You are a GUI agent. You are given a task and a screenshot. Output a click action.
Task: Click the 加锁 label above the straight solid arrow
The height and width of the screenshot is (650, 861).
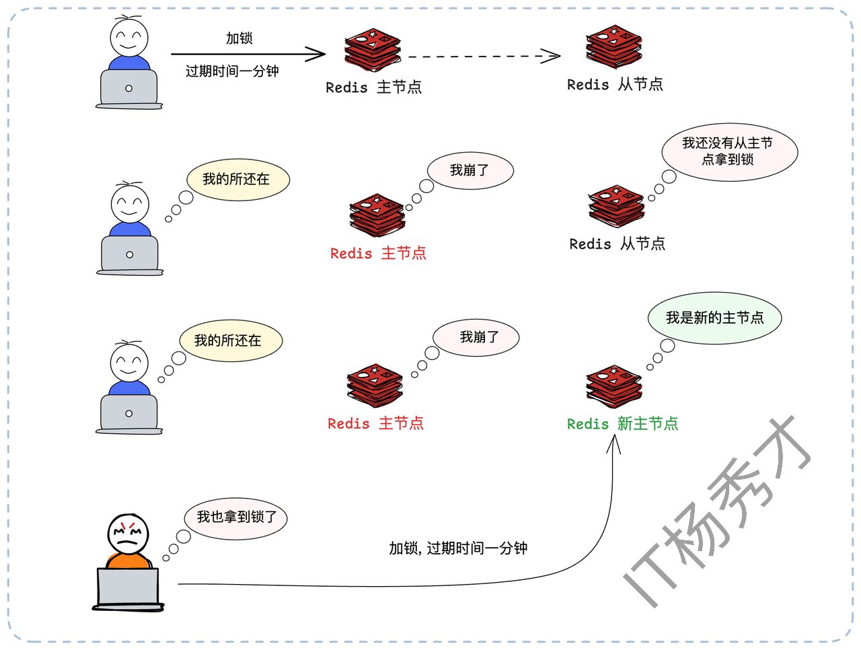pos(239,38)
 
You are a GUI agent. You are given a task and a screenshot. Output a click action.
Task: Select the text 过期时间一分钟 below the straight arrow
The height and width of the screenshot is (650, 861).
pos(232,71)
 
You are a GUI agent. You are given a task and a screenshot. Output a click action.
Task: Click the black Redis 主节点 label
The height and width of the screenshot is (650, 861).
pos(373,87)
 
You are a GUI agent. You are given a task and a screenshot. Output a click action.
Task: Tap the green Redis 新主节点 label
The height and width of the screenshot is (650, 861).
pos(622,424)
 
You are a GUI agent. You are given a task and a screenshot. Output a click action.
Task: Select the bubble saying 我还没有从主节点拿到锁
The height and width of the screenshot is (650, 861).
pos(729,152)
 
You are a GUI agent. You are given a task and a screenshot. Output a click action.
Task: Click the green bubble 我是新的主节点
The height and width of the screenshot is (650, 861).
pos(714,318)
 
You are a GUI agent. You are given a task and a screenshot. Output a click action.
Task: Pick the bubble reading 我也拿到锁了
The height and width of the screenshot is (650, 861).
pos(236,517)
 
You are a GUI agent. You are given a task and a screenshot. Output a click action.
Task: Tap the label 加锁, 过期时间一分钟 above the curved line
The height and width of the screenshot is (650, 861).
pos(457,548)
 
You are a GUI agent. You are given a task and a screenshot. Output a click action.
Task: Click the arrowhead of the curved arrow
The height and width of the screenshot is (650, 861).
pos(613,443)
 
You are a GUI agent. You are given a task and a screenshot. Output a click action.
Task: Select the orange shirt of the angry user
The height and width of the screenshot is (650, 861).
pos(128,561)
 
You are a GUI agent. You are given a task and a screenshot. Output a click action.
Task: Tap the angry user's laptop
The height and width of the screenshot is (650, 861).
pos(128,587)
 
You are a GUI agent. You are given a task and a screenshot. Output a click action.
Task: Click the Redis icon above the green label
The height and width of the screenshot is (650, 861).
pos(613,387)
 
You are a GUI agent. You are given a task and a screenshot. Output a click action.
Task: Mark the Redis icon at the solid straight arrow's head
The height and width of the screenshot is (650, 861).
pos(372,50)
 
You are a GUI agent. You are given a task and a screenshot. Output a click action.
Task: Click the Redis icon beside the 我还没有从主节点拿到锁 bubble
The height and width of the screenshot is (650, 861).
pos(616,206)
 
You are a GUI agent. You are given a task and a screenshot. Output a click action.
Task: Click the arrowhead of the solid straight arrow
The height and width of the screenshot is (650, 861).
pos(317,54)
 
